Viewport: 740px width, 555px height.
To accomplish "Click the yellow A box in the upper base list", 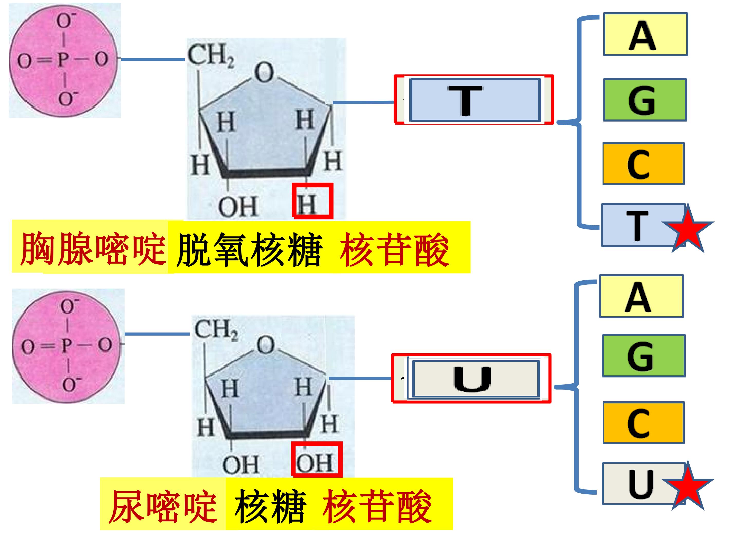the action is click(x=645, y=34).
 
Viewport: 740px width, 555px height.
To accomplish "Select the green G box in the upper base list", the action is click(x=645, y=100).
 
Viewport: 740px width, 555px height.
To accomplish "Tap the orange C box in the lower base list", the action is click(x=644, y=423).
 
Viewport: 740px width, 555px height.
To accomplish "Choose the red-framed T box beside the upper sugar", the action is click(x=474, y=100).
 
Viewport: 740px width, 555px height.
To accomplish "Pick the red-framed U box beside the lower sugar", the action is click(x=471, y=378).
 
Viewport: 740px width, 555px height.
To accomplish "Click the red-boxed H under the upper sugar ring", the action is click(x=312, y=201).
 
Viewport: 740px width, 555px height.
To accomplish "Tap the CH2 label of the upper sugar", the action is click(x=211, y=55).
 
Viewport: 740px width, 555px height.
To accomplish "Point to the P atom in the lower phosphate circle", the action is click(x=66, y=346).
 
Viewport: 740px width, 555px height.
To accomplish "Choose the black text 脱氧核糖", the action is click(x=249, y=249).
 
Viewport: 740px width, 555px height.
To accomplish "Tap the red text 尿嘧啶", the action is click(x=163, y=506).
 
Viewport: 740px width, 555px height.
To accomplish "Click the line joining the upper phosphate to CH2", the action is click(x=153, y=60).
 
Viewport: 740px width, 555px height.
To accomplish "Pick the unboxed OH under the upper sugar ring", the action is click(x=238, y=206).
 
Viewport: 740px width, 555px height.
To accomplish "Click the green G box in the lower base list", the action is click(x=644, y=356).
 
